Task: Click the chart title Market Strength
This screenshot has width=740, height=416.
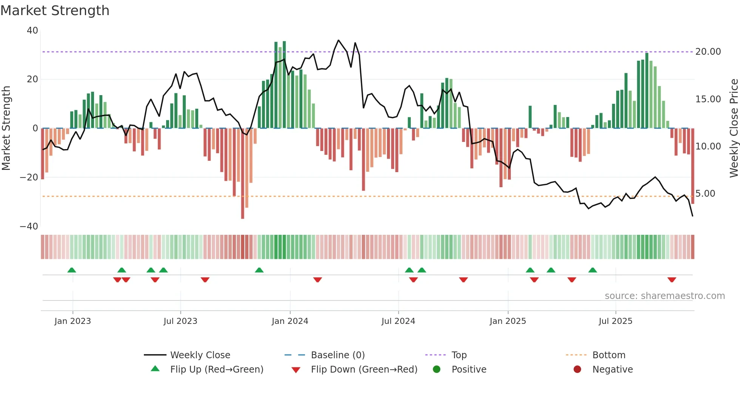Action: (55, 11)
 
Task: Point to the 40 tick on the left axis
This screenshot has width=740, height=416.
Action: (32, 31)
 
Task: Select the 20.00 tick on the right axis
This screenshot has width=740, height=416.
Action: (708, 52)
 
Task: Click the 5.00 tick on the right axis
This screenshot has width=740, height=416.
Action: (705, 194)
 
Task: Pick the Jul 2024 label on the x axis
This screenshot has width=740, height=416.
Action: (398, 321)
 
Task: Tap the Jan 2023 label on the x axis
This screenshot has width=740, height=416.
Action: (72, 321)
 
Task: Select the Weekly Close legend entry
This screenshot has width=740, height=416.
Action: (200, 355)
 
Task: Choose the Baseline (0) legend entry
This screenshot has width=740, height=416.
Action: (338, 355)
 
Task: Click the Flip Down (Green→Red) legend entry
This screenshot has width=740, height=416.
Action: (364, 370)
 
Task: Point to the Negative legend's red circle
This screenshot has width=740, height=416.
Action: (577, 370)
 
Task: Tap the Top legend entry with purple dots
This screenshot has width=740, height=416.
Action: (459, 355)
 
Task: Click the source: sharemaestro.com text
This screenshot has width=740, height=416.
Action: (664, 296)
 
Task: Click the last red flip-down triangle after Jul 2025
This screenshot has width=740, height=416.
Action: (672, 280)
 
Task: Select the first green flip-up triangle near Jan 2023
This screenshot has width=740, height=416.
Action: (72, 270)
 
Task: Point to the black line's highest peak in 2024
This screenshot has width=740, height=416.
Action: (338, 40)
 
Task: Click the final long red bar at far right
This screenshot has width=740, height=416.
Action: (693, 166)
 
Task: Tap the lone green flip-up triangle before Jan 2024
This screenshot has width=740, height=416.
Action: (259, 270)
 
